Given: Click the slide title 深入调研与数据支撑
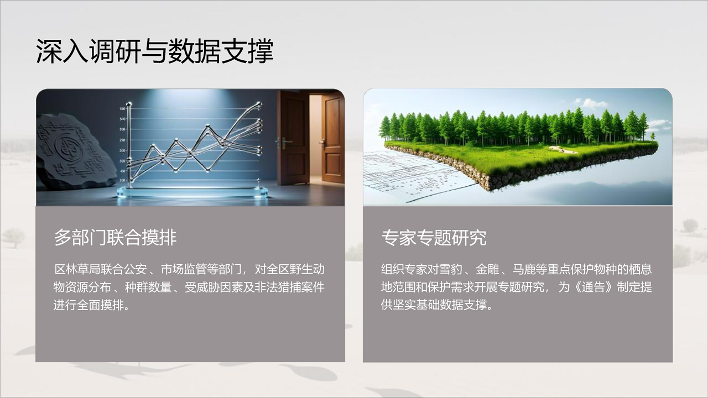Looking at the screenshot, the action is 154,51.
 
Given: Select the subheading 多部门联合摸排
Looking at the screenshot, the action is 116,238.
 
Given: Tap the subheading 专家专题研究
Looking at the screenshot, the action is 434,238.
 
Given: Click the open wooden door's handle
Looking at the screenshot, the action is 323,143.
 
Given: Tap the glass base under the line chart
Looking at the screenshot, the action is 192,192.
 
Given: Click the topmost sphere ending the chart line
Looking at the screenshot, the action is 259,103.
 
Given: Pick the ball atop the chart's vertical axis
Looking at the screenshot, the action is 129,104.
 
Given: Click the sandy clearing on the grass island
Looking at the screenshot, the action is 563,149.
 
